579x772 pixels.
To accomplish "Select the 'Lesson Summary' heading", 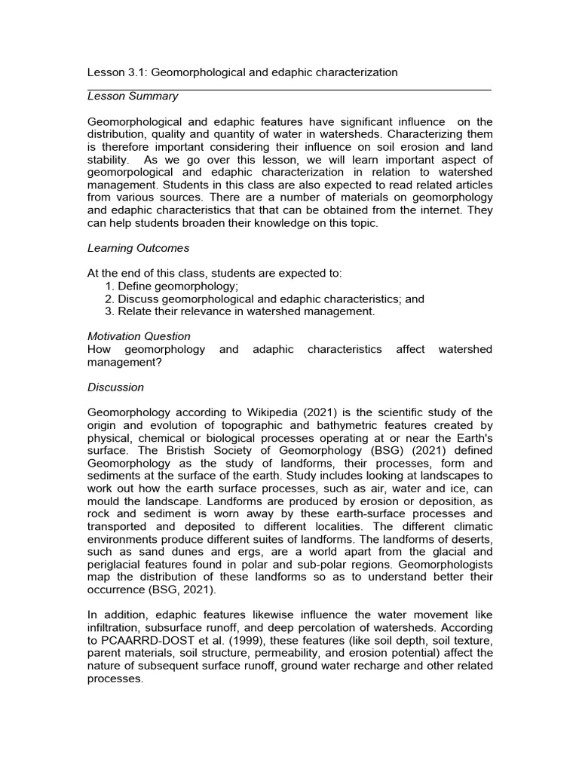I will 133,96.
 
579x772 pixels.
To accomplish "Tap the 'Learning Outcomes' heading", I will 139,248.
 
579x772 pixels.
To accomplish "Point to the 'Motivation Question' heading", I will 139,336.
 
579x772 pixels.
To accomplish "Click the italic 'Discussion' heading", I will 115,388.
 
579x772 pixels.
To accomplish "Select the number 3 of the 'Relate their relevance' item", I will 109,311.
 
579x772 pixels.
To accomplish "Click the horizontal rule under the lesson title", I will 289,90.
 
